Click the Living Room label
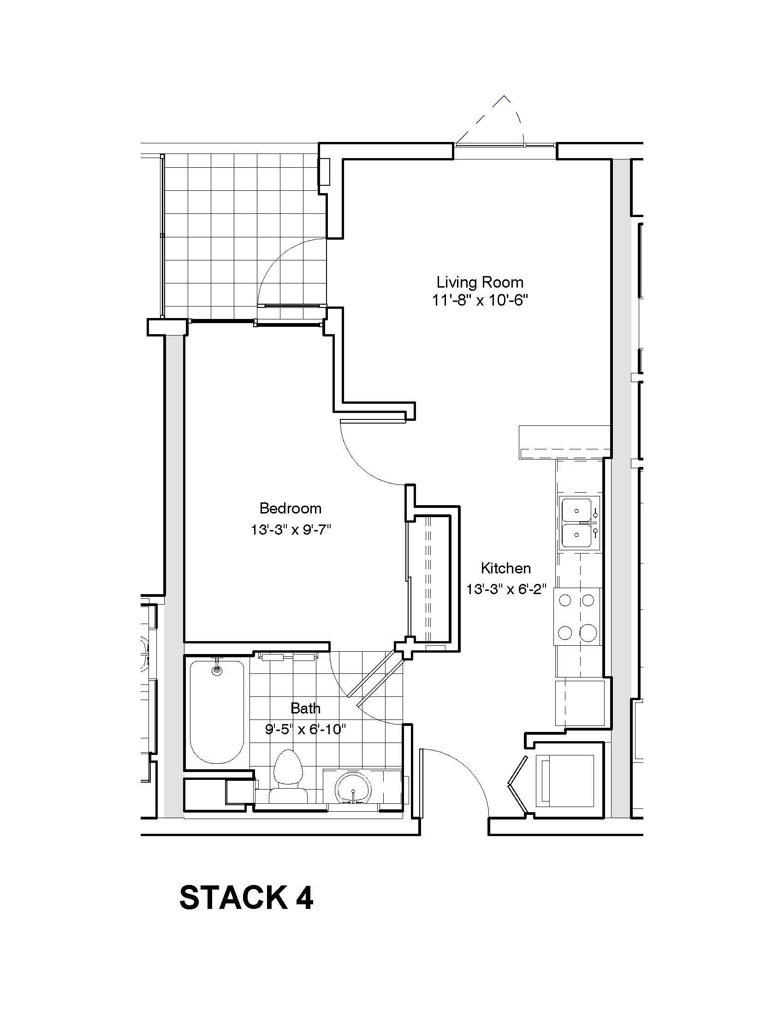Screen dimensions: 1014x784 pyautogui.click(x=480, y=282)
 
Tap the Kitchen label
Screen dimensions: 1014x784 pyautogui.click(x=505, y=568)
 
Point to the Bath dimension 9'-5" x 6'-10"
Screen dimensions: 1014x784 pyautogui.click(x=306, y=730)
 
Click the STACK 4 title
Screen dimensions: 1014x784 pyautogui.click(x=246, y=897)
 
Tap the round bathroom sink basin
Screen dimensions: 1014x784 pyautogui.click(x=353, y=787)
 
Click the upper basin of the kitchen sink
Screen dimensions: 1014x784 pyautogui.click(x=576, y=510)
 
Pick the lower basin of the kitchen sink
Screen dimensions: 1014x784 pyautogui.click(x=576, y=536)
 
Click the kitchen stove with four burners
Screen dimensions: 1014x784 pyautogui.click(x=576, y=616)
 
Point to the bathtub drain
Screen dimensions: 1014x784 pyautogui.click(x=217, y=670)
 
